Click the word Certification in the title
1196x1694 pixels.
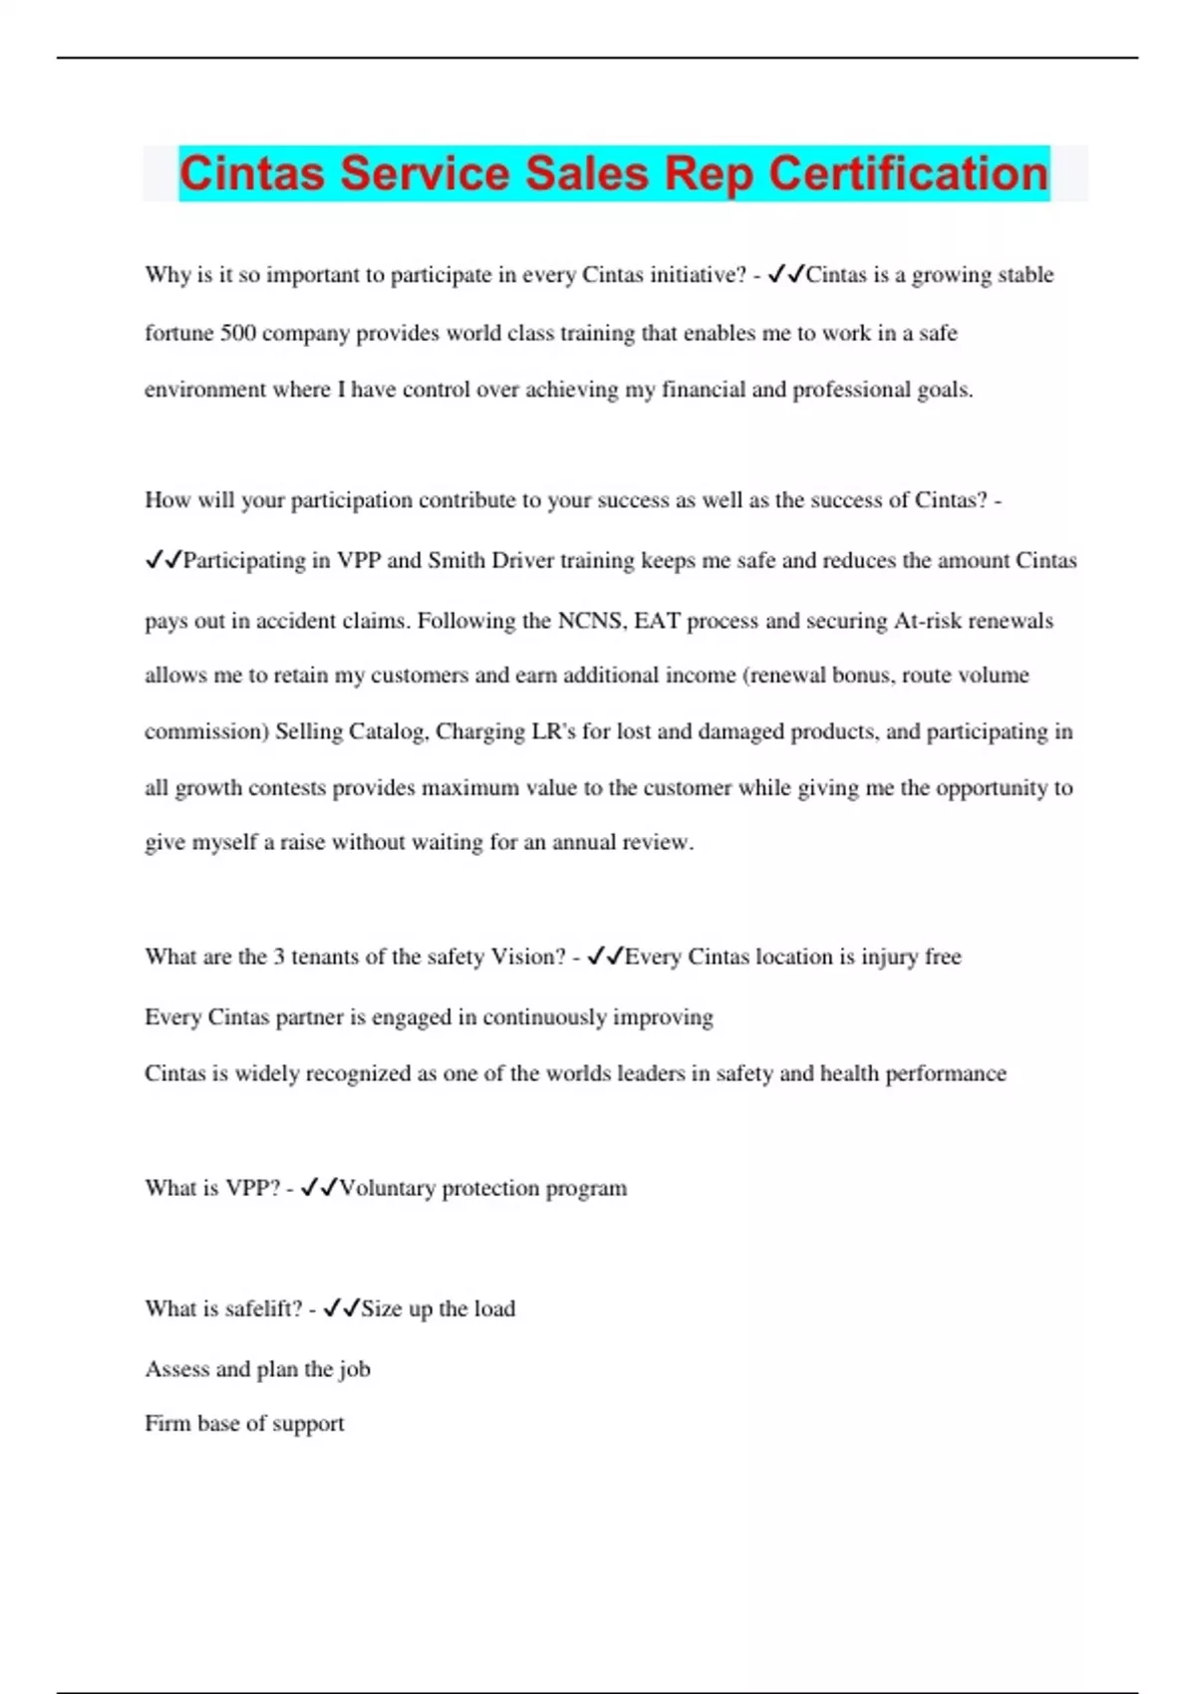(x=908, y=173)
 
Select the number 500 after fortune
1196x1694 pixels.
(x=238, y=333)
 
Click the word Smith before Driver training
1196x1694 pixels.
(x=456, y=560)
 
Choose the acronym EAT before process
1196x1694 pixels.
(x=657, y=621)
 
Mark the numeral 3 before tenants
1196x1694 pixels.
(x=279, y=957)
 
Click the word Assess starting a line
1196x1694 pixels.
(x=176, y=1369)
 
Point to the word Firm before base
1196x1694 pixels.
(x=166, y=1423)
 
